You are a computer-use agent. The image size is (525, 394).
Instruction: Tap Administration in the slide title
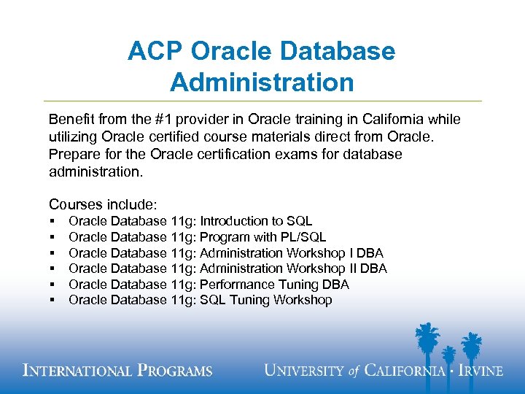(x=262, y=82)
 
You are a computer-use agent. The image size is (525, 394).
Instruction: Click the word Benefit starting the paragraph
(x=70, y=119)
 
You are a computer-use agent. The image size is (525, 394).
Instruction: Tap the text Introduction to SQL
(x=256, y=220)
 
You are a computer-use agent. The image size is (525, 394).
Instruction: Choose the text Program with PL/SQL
(x=262, y=236)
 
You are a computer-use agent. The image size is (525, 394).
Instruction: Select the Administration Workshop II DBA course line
(x=293, y=269)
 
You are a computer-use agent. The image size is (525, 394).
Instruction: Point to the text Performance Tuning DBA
(x=274, y=284)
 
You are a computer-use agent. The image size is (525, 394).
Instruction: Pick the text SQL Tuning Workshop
(x=265, y=300)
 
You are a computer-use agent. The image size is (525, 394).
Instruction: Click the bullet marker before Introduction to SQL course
(x=54, y=221)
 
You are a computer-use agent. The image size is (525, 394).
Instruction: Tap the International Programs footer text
(x=117, y=370)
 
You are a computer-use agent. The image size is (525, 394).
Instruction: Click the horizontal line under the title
(x=262, y=101)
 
